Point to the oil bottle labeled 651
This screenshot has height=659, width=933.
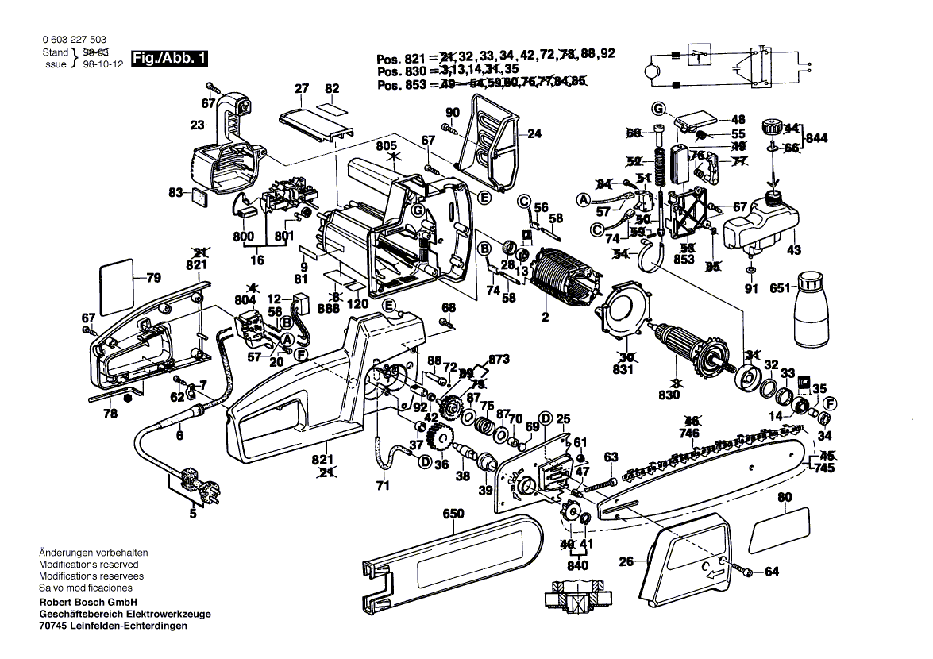point(811,305)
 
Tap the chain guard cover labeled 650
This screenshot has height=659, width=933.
point(453,556)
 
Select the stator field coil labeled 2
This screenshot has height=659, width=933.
point(565,281)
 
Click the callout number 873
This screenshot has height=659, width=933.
point(499,360)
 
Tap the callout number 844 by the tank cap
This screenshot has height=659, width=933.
point(816,137)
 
